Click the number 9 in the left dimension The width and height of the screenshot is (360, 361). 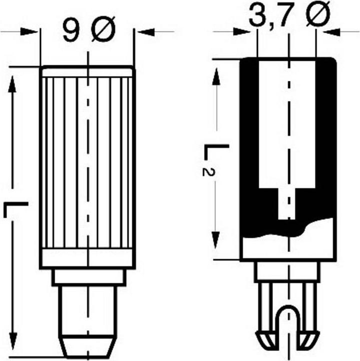click(x=70, y=31)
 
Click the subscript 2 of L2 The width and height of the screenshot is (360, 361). click(x=206, y=170)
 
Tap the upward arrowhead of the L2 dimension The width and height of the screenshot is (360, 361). click(x=216, y=75)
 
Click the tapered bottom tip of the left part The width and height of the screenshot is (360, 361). click(x=88, y=346)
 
